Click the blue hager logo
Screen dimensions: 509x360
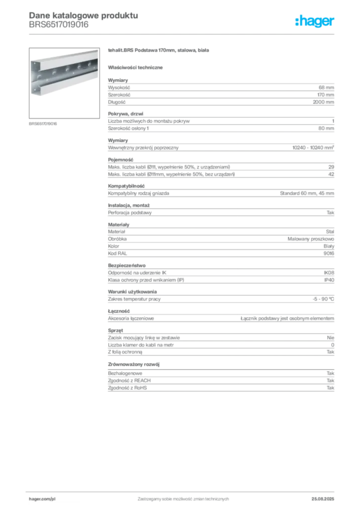[315, 22]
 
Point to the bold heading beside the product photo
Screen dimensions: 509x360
[159, 52]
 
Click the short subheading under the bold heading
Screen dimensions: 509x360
[137, 67]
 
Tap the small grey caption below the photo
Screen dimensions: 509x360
[44, 124]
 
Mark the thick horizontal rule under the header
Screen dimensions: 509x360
[183, 34]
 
